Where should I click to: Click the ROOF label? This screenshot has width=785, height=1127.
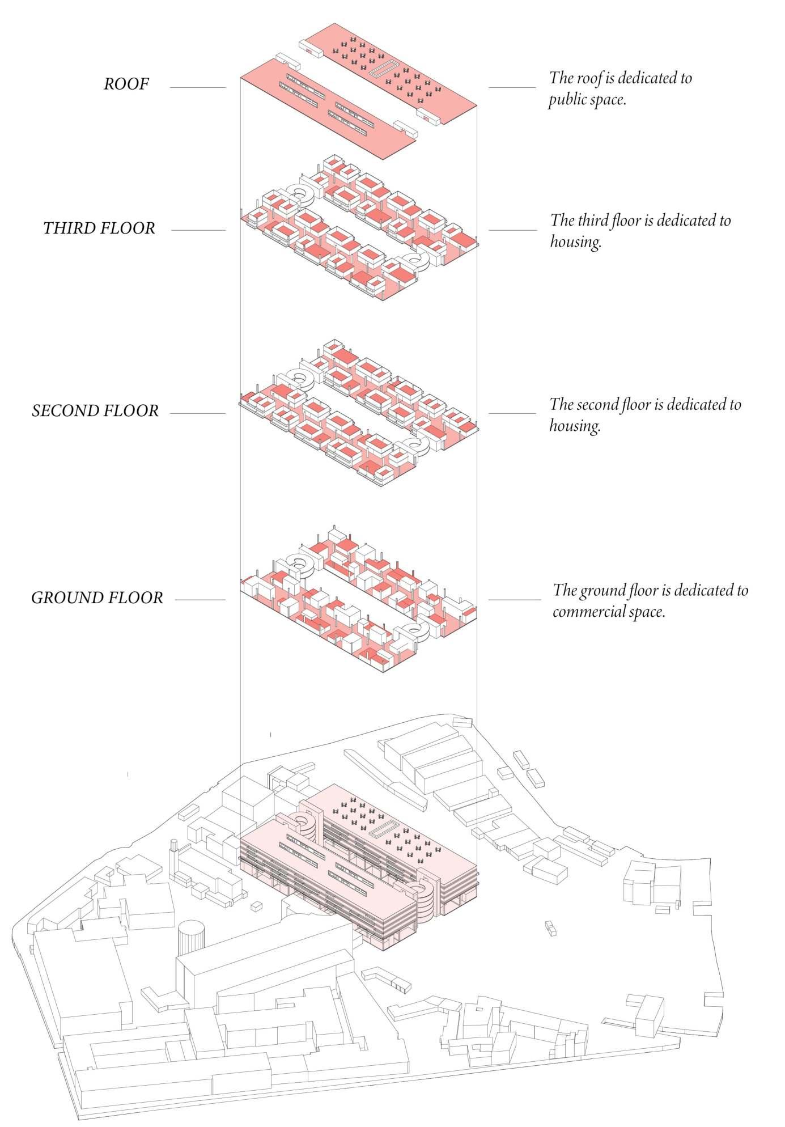click(126, 84)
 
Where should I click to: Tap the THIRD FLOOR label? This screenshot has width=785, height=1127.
click(99, 228)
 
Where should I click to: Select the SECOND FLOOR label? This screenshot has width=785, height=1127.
click(95, 411)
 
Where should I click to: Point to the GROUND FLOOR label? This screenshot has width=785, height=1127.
click(97, 598)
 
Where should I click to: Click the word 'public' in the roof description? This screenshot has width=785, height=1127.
click(567, 101)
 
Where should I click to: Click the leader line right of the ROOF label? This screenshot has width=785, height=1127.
click(197, 88)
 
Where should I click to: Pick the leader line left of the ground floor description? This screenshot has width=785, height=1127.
click(515, 600)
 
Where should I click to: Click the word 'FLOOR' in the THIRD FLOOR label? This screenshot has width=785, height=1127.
click(129, 228)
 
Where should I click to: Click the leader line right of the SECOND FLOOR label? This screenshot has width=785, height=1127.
click(197, 414)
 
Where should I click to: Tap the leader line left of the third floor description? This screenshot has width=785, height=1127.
click(512, 230)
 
